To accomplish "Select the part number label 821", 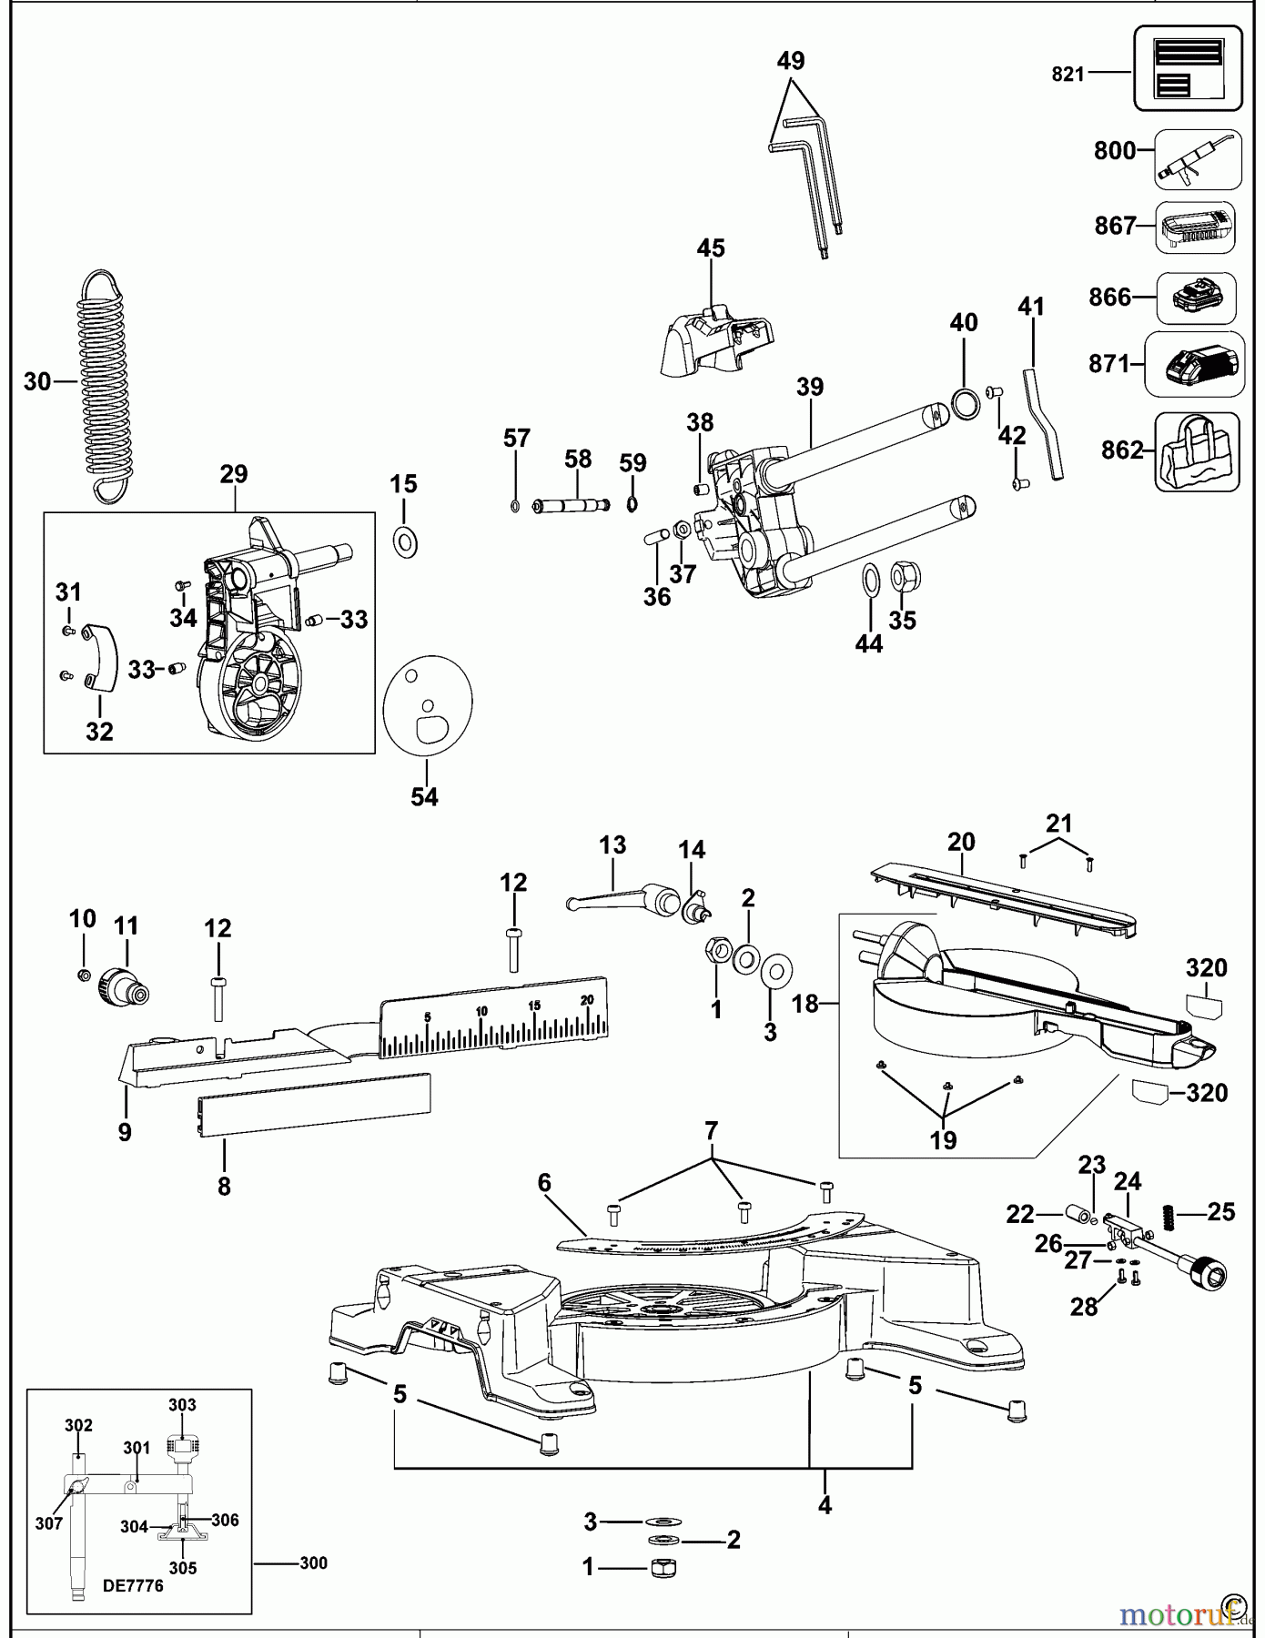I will [x=1068, y=75].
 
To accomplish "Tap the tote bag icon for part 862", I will [x=1197, y=452].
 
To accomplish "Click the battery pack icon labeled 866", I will [x=1195, y=298].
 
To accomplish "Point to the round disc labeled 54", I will [x=428, y=703].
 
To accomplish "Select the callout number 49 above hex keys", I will [x=791, y=61].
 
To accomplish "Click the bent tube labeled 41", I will [x=1045, y=421].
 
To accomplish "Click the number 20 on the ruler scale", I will [x=587, y=999].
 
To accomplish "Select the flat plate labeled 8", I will [x=314, y=1104].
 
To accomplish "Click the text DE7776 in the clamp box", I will [x=133, y=1586].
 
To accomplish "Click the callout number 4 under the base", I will [x=825, y=1505].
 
